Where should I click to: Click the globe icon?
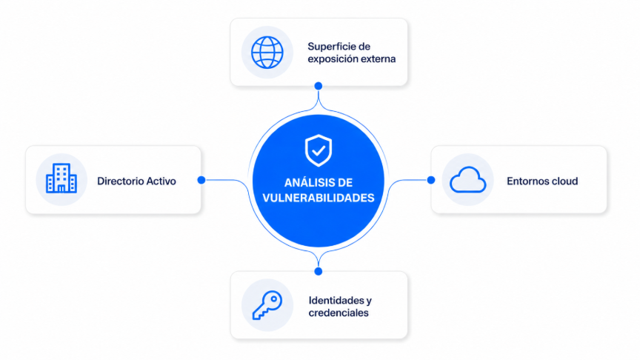tap(267, 53)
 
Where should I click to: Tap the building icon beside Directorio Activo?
tap(61, 178)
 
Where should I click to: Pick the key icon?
tap(267, 305)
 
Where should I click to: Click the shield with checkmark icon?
tap(319, 150)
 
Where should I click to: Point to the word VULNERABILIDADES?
tap(319, 198)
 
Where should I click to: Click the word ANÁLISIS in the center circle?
tap(307, 182)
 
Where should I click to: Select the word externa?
tap(378, 59)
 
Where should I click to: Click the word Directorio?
tap(121, 181)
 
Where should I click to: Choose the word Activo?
tap(161, 181)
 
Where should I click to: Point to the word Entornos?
tap(526, 181)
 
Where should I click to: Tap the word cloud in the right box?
tap(563, 181)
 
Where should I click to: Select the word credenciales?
tap(339, 313)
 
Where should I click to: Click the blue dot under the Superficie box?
tap(319, 86)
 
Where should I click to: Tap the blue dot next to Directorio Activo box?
tap(201, 180)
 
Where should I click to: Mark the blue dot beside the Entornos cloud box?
tap(431, 180)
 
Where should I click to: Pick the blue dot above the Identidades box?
tap(319, 271)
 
